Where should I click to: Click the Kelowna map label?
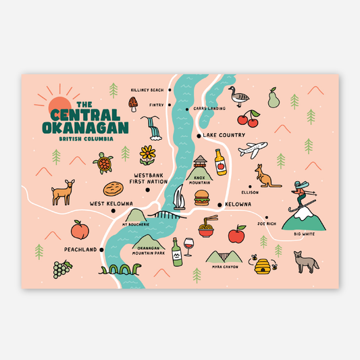pyautogui.click(x=238, y=204)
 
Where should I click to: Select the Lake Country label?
pyautogui.click(x=224, y=136)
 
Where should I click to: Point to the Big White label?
pyautogui.click(x=305, y=234)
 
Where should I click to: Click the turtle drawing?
pyautogui.click(x=103, y=163)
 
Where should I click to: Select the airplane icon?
pyautogui.click(x=253, y=150)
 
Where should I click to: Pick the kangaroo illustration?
pyautogui.click(x=267, y=177)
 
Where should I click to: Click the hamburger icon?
pyautogui.click(x=202, y=198)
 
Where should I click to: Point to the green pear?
pyautogui.click(x=273, y=98)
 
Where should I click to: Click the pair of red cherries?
pyautogui.click(x=252, y=119)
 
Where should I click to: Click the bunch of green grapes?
pyautogui.click(x=62, y=269)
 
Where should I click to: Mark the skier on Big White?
pyautogui.click(x=300, y=195)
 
